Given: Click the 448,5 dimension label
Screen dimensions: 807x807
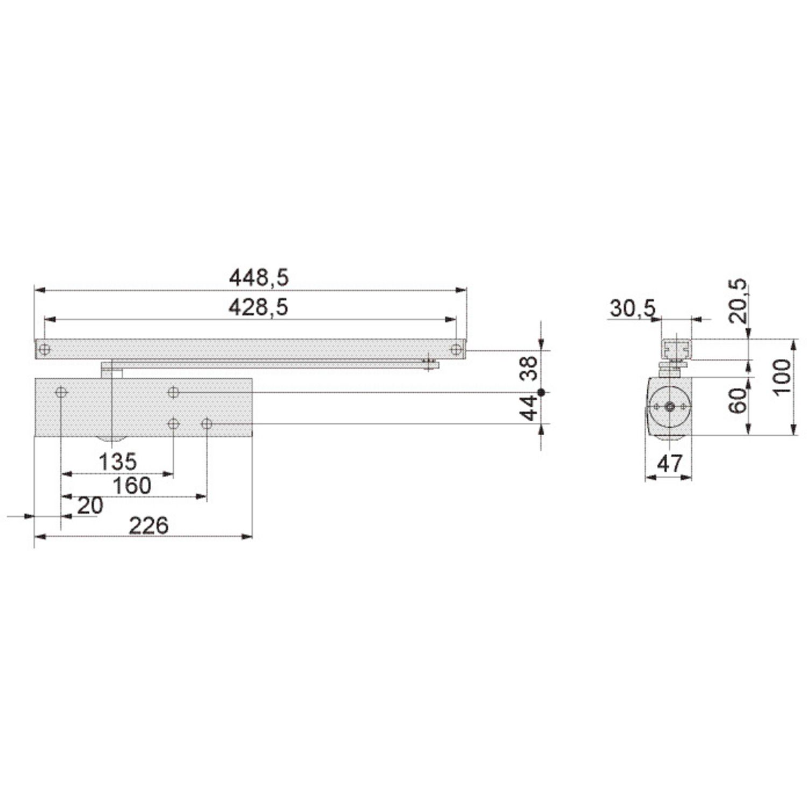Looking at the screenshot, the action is click(259, 278).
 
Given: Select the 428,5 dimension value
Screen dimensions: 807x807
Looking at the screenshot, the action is click(258, 307).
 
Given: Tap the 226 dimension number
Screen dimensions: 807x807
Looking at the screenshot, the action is click(148, 525).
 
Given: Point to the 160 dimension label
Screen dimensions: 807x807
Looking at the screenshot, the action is click(132, 486).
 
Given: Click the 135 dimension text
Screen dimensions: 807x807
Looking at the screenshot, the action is click(118, 462).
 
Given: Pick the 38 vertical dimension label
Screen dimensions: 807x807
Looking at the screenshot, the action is click(530, 369).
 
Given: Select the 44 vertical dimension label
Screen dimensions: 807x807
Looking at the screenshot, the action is click(530, 408).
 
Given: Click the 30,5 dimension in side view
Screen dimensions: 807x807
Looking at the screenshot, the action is click(633, 309).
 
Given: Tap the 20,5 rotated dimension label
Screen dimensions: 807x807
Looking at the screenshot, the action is click(738, 300).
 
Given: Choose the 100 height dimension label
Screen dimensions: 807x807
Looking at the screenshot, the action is click(783, 377).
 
